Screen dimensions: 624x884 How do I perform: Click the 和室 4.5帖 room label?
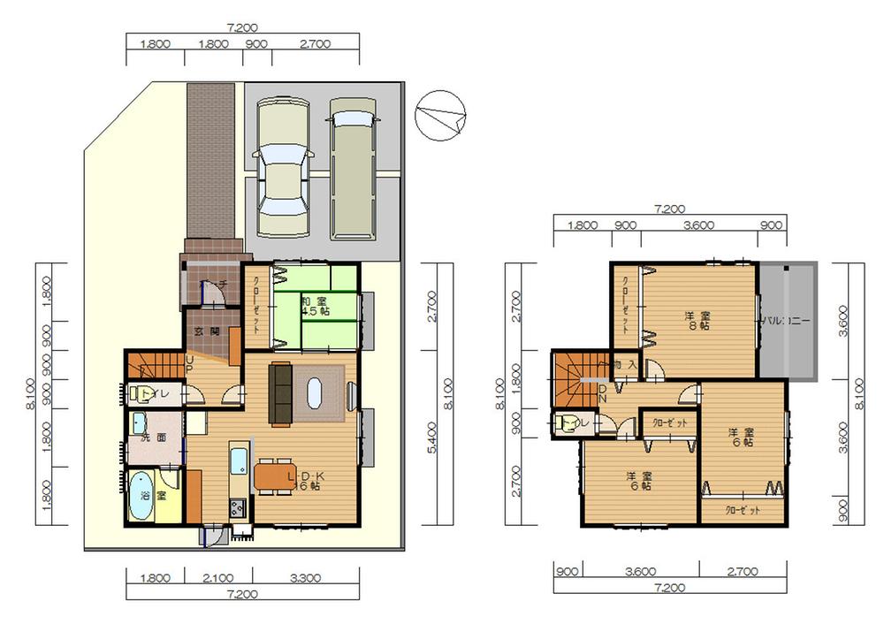click(315, 305)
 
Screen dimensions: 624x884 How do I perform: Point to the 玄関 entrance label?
click(207, 330)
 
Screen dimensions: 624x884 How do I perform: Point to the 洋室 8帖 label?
click(697, 320)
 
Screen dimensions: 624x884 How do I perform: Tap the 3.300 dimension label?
click(305, 580)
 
